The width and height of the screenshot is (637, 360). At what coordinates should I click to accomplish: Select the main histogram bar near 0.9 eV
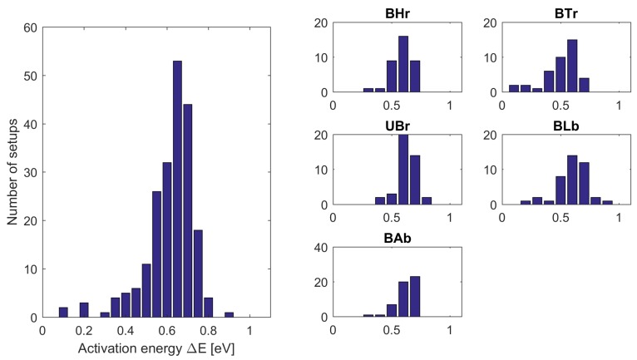229,315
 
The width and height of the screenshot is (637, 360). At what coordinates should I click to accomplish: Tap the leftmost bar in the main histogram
63,313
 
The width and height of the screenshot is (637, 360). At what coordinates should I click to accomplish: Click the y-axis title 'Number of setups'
12,172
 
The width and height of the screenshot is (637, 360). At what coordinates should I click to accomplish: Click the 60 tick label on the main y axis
30,27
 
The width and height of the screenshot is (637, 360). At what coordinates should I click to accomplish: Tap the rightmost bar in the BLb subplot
607,203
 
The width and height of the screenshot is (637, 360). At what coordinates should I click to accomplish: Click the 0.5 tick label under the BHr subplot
392,106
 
